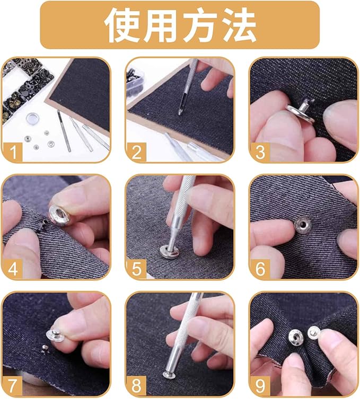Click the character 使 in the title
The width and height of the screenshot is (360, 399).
point(122,25)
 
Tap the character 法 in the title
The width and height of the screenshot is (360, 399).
point(239,25)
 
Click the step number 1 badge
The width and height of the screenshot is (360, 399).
point(13,152)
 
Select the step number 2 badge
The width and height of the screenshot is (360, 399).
point(136,152)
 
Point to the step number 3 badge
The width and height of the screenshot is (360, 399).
point(260,152)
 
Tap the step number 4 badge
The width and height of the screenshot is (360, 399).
point(13,269)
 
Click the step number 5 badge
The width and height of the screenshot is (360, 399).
point(136,269)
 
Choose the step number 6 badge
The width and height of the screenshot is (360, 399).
point(260,269)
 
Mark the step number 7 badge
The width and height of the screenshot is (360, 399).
point(13,386)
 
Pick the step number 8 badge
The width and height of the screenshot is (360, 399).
point(136,386)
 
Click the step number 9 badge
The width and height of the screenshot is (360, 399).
point(260,386)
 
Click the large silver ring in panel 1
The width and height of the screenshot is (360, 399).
point(32,118)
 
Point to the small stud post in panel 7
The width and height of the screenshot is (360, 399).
point(45,348)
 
